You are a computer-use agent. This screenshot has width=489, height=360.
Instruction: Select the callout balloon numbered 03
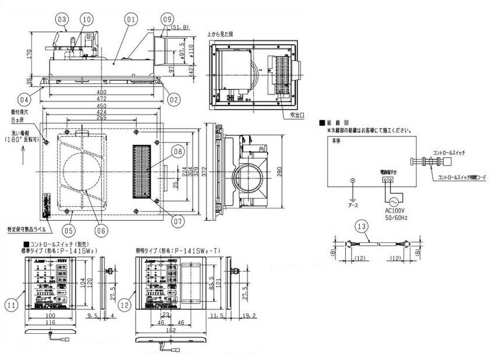tap(62, 19)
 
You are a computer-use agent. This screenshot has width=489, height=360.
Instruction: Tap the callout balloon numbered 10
tap(86, 19)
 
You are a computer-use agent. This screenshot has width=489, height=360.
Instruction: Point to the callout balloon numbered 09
tap(168, 19)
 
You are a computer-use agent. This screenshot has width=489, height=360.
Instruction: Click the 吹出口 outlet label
tap(298, 115)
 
